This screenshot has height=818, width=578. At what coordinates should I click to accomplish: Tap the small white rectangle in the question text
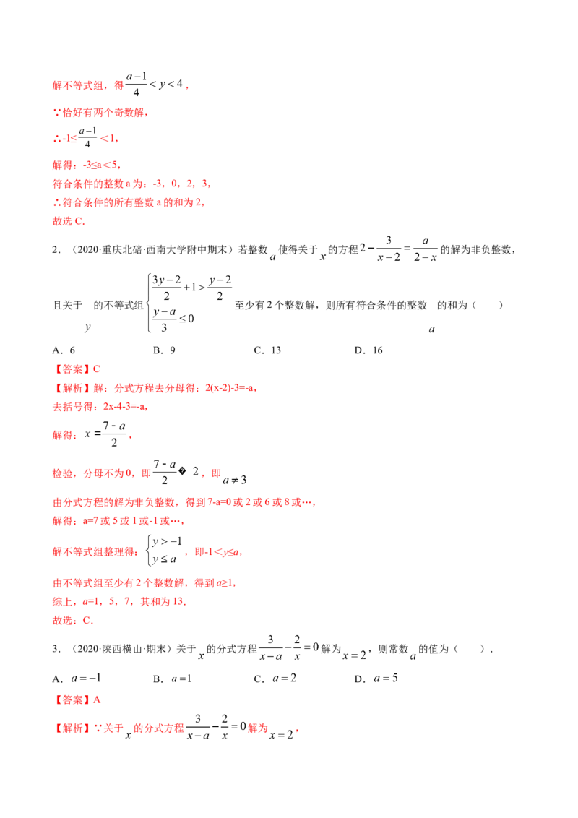324,263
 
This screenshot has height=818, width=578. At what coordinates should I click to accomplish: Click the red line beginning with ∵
100,114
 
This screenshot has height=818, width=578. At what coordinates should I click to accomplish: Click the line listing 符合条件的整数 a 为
131,185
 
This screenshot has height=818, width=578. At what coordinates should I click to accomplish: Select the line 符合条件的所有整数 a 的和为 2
130,204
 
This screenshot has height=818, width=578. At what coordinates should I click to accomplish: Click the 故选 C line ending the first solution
69,223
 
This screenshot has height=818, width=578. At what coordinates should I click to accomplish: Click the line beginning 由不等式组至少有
144,583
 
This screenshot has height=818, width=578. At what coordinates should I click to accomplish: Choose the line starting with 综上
120,601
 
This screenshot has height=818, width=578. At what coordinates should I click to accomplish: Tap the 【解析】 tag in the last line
71,730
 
